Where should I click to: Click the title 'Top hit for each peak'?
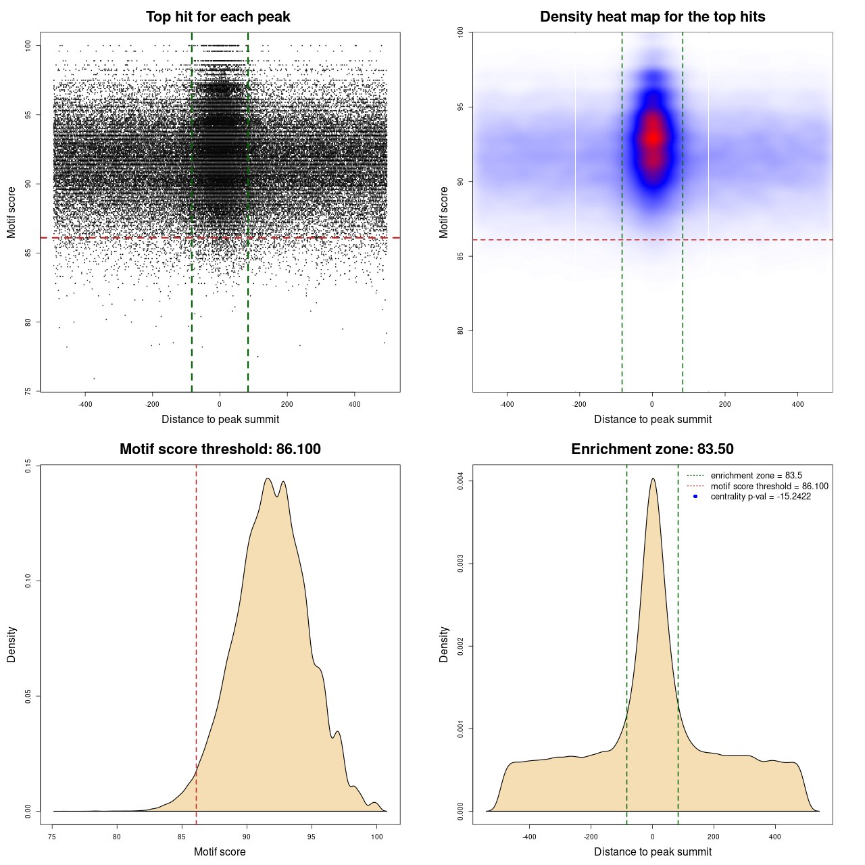point(218,17)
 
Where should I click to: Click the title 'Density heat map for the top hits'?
point(652,17)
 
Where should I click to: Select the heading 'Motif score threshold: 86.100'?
point(220,449)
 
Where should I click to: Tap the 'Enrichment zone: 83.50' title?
point(652,449)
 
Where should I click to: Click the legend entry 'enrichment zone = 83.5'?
point(756,476)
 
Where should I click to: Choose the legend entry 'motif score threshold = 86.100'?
point(769,487)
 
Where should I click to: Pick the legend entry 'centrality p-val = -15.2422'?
point(760,497)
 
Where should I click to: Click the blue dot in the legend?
point(695,497)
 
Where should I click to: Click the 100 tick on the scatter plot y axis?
point(28,45)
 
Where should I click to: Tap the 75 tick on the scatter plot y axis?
point(28,391)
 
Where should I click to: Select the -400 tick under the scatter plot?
point(85,404)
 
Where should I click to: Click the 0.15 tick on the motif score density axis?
point(28,466)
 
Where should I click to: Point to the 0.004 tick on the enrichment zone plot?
point(461,481)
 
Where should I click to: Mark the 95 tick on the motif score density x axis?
point(312,837)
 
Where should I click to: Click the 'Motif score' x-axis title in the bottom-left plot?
point(220,852)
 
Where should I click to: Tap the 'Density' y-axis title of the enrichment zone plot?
point(444,644)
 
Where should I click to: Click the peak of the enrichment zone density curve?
point(653,479)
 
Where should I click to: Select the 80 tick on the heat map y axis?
point(461,330)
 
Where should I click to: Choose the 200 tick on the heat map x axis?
point(725,404)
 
